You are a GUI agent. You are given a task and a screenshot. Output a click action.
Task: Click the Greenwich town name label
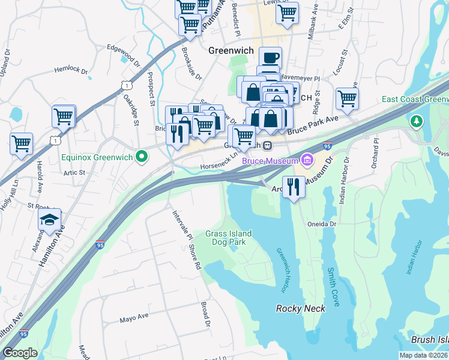[231, 51]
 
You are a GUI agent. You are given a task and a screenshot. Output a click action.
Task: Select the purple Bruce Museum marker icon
[308, 160]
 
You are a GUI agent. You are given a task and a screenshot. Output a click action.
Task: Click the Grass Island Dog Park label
[229, 238]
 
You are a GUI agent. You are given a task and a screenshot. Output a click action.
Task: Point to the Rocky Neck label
[300, 308]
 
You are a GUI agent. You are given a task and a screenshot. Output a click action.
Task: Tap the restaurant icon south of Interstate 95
[293, 186]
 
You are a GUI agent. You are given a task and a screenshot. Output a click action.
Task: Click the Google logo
[20, 353]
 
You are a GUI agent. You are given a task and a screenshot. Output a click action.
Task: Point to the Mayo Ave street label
[133, 317]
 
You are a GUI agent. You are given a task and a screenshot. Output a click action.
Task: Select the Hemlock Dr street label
[71, 70]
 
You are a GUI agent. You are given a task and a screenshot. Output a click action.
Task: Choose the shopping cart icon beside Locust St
[347, 99]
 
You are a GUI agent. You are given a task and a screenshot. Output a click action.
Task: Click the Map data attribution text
[423, 355]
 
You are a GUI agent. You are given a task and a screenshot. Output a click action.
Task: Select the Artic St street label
[75, 172]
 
